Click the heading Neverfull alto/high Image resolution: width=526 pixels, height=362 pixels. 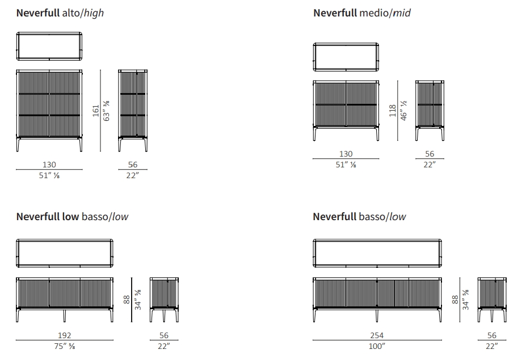pos(60,12)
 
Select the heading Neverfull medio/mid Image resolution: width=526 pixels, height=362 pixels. pos(362,12)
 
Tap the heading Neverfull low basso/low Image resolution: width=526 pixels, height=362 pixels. pos(76,216)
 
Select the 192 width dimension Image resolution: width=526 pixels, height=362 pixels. pos(64,335)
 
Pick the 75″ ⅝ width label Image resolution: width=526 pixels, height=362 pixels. pos(64,346)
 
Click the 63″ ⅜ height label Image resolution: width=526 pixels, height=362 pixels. pos(107,110)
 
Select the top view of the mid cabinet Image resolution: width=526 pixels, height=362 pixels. pos(346,57)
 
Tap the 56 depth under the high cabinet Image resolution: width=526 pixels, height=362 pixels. pos(133,165)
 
